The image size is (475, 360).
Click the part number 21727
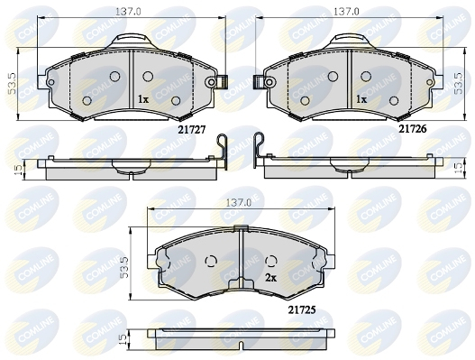pos(192,130)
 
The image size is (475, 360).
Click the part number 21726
pos(412,129)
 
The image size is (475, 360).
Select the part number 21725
pos(302,309)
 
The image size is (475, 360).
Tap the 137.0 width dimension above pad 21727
pos(128,12)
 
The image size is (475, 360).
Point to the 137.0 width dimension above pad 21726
pos(346,12)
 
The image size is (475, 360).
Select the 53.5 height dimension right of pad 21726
pos(460,82)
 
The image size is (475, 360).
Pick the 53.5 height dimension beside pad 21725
pos(124,267)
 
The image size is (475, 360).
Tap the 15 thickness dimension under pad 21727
pos(19,170)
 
